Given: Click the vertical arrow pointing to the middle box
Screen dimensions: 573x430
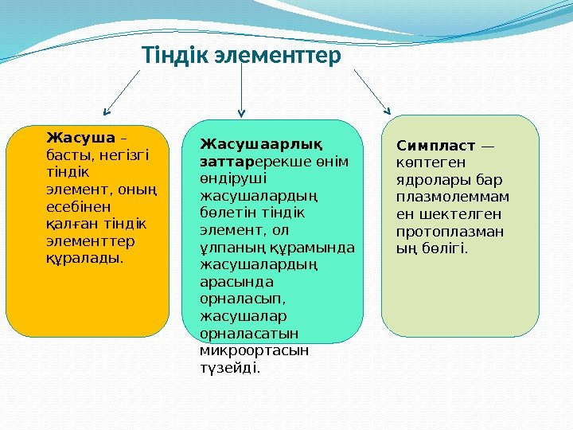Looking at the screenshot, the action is (x=242, y=92).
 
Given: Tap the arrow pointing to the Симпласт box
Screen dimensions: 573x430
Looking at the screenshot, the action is (x=372, y=91).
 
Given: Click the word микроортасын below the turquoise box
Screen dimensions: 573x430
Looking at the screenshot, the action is (x=254, y=350).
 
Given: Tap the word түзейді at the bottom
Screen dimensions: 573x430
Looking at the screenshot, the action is (x=229, y=368).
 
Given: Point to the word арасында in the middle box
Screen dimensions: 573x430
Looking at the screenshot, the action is (x=236, y=281).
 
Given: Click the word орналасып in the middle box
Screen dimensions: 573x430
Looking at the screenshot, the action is (x=240, y=299).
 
